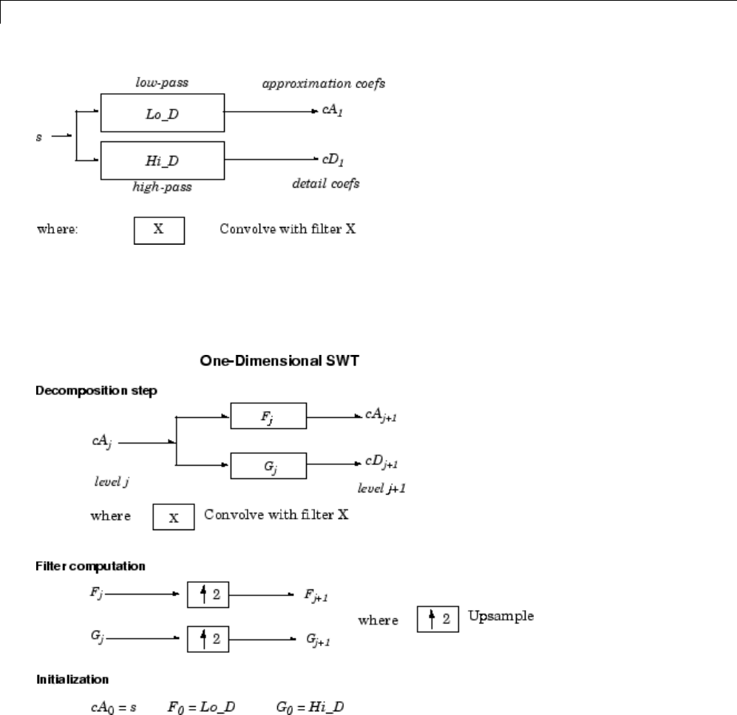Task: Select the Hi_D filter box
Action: click(x=161, y=159)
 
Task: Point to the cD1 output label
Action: click(x=329, y=159)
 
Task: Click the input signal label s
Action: click(x=39, y=138)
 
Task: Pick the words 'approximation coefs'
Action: click(x=324, y=84)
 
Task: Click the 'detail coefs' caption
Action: click(x=326, y=183)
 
